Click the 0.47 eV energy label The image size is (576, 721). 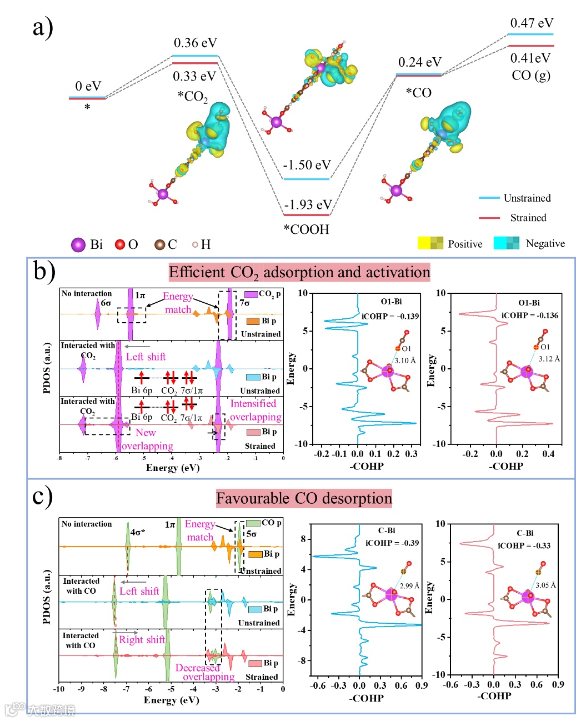[532, 23]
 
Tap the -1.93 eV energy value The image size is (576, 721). [308, 205]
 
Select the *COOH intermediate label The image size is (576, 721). [307, 229]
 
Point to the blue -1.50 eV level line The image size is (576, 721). [306, 179]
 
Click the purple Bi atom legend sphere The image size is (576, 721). [78, 245]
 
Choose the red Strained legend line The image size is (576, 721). [489, 218]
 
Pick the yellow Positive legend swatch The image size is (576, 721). [430, 243]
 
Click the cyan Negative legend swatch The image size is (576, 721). [507, 243]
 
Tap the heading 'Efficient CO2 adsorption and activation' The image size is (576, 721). [299, 272]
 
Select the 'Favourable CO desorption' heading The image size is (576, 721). [304, 498]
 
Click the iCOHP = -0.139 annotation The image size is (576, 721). [390, 316]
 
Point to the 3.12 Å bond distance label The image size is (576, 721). [549, 359]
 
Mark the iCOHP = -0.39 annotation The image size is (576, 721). [392, 543]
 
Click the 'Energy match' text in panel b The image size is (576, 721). [178, 303]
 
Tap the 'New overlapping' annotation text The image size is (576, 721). [147, 439]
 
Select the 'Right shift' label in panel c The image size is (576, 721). [142, 640]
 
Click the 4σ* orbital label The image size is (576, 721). [137, 532]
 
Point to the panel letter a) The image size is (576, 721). [43, 27]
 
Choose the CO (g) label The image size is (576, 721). [530, 75]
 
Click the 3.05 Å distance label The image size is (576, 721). [545, 585]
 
